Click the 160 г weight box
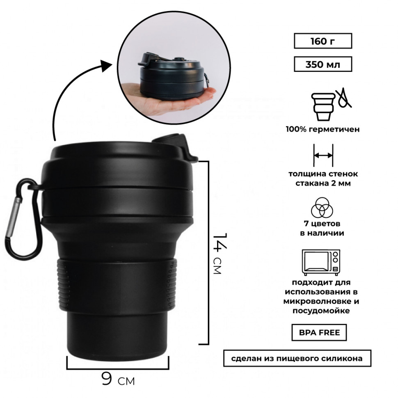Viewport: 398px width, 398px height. click(x=323, y=41)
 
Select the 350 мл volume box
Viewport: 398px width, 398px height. click(x=323, y=64)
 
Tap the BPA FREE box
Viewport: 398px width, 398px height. click(x=319, y=332)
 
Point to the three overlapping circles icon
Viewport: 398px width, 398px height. click(x=322, y=208)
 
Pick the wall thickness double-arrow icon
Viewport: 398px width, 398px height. click(x=323, y=156)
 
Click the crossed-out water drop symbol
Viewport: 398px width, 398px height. click(x=344, y=98)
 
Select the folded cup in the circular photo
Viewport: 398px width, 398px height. click(x=173, y=76)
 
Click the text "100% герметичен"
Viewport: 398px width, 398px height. click(x=323, y=129)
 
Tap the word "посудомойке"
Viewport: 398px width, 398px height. click(x=321, y=311)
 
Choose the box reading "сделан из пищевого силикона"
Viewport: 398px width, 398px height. click(x=297, y=358)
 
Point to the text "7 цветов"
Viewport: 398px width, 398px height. click(x=322, y=224)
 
